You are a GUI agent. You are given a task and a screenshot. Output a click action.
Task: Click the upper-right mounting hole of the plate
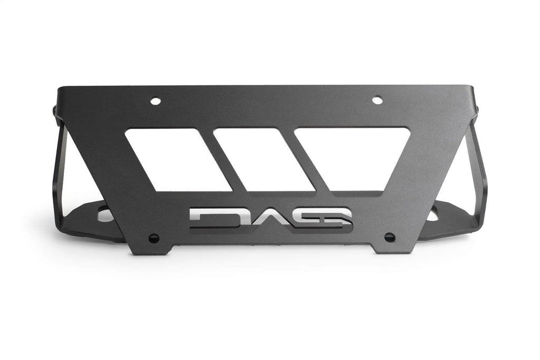(377, 100)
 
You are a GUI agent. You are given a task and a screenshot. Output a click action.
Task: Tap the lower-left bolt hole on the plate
(153, 238)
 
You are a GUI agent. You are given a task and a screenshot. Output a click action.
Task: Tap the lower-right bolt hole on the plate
(389, 237)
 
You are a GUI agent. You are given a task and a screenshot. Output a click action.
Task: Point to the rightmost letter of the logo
(332, 217)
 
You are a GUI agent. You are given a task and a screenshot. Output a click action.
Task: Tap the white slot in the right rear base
(434, 215)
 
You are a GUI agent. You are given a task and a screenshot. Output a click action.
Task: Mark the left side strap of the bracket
(58, 169)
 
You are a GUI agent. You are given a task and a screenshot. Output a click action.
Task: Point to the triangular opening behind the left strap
(79, 174)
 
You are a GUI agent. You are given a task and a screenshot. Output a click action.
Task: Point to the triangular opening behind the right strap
(461, 174)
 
